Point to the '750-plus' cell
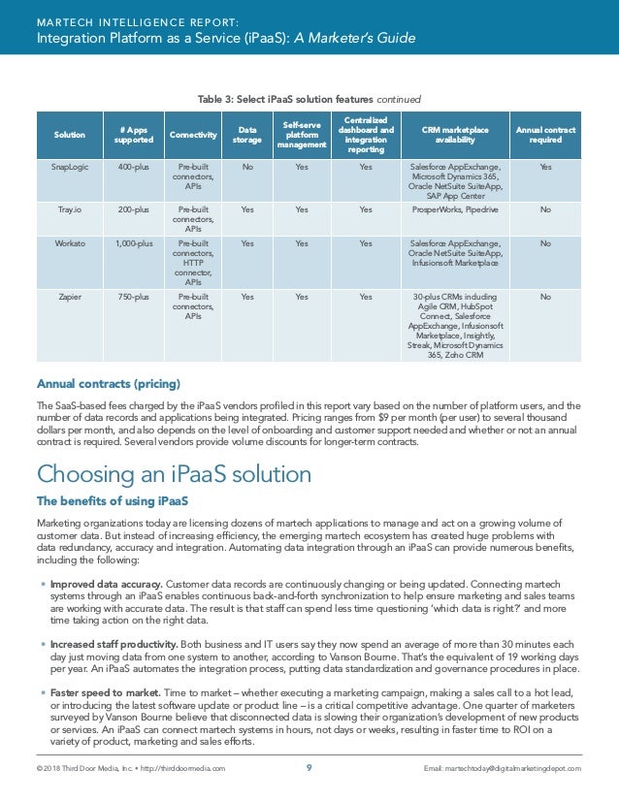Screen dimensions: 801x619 pos(134,297)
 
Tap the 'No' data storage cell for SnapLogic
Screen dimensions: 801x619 pos(246,168)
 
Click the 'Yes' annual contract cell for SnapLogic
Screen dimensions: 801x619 pos(545,168)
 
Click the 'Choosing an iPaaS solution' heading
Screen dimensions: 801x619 pos(174,475)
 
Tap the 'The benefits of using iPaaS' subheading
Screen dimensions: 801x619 pos(112,501)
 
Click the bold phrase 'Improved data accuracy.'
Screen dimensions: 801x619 pos(107,586)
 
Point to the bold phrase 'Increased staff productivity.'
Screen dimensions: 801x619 pos(114,643)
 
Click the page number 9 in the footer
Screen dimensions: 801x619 pos(309,768)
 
